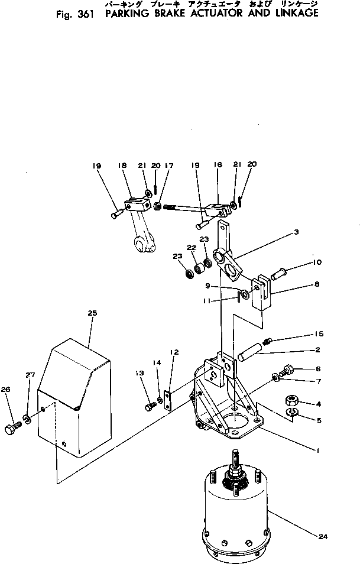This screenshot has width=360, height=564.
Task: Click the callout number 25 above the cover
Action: tap(92, 313)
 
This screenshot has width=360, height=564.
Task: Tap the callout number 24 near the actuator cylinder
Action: tap(323, 537)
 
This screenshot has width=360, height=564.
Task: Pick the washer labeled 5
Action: tap(286, 370)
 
